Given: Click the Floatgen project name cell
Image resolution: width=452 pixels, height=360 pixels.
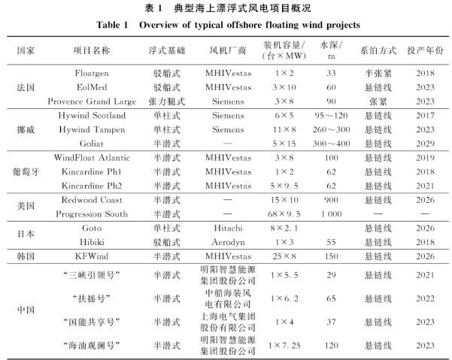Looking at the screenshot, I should (x=92, y=74).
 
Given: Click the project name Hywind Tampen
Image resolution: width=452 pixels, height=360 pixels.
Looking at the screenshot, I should (x=92, y=129).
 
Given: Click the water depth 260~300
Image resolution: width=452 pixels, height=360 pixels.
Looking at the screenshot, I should (x=331, y=129).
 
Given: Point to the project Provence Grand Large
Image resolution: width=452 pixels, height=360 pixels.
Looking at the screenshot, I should (x=92, y=101).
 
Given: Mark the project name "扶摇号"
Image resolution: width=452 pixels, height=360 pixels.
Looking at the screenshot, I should (x=92, y=298).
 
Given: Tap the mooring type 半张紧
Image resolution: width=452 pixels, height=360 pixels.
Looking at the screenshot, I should (x=377, y=74).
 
